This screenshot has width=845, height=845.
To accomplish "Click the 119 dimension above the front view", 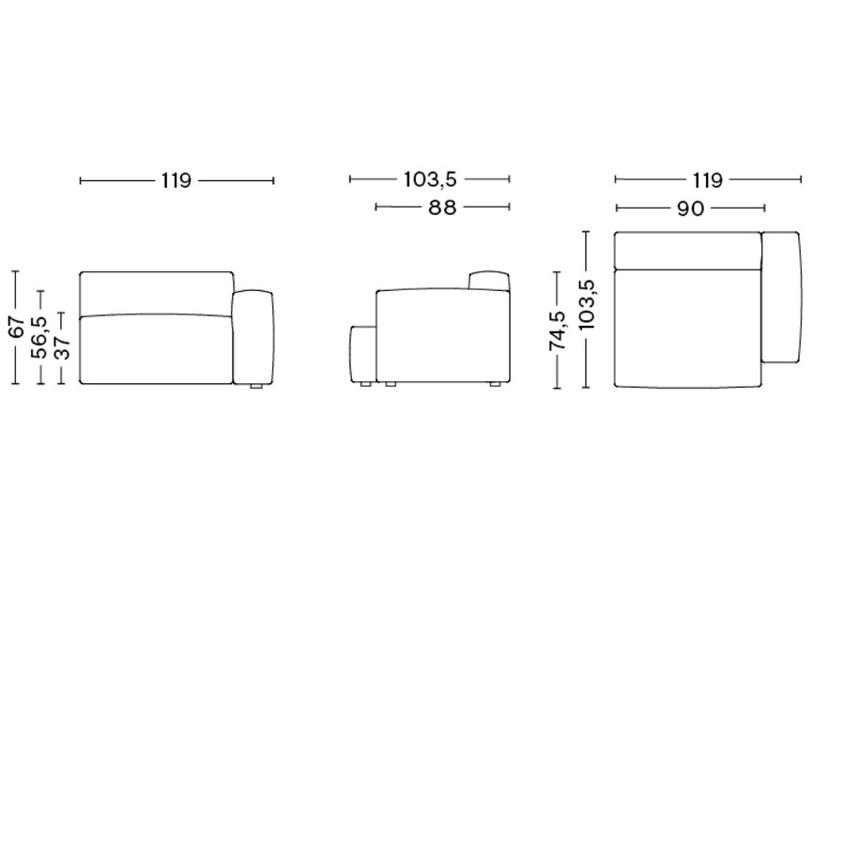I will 176,180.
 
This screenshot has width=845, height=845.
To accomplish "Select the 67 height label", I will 16,328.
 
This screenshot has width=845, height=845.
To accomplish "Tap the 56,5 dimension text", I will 39,338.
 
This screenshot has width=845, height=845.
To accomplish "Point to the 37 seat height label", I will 61,347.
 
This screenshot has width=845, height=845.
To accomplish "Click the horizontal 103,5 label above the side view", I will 429,179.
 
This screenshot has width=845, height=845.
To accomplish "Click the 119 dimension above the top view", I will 707,180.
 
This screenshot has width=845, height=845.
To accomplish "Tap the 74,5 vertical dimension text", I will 558,331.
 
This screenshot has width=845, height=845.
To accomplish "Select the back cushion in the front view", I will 155,294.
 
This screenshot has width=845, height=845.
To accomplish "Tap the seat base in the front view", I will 155,351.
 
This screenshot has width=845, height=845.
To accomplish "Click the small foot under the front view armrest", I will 253,385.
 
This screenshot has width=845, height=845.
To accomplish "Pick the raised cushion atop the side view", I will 489,281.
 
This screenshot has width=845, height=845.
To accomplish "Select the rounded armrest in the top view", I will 781,296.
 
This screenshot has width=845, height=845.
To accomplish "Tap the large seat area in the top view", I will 686,328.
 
